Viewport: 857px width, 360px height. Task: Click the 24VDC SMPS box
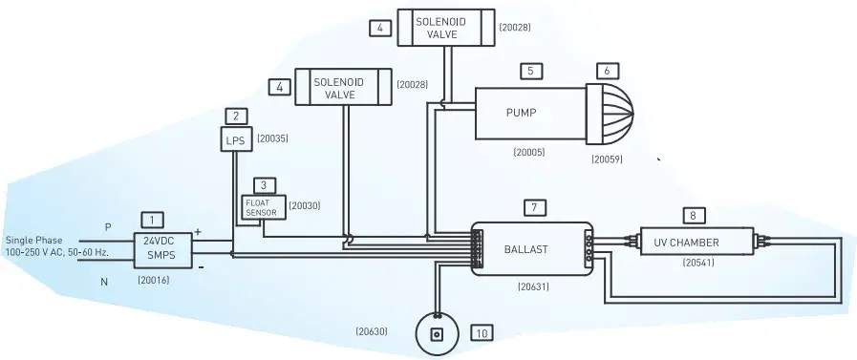(x=161, y=249)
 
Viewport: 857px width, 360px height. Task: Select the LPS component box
(x=235, y=140)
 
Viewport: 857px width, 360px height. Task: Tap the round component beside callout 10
(x=436, y=334)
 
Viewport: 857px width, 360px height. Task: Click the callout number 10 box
(x=482, y=333)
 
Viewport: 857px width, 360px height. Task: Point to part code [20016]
(x=155, y=281)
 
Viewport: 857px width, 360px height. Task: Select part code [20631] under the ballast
(x=533, y=285)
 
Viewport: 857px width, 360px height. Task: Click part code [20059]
(x=607, y=159)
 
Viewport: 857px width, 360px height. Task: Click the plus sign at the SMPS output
(x=198, y=231)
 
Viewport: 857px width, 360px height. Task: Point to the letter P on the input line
(x=108, y=227)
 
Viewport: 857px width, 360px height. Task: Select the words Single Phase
(x=34, y=241)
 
